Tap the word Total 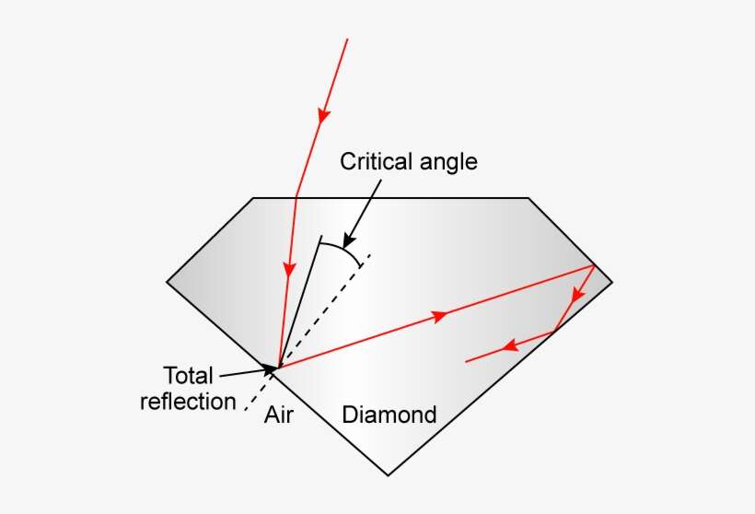pos(188,376)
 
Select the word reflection pos(188,402)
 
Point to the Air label pos(278,415)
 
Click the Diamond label pos(389,415)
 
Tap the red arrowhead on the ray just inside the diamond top pos(289,269)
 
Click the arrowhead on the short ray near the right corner pos(577,296)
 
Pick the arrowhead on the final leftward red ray pos(507,347)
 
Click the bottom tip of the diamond pos(389,475)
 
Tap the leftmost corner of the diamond pos(167,280)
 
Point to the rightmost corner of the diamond pos(611,280)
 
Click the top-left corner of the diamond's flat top pos(253,198)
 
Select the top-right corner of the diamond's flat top pos(528,198)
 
